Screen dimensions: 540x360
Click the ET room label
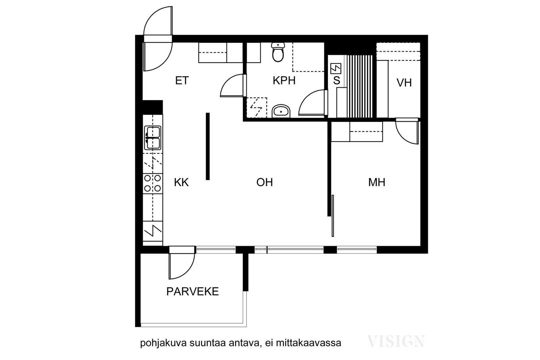pos(182,81)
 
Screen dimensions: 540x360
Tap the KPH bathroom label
pos(284,81)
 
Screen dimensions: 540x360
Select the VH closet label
pos(404,83)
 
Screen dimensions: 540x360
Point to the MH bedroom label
pos(377,183)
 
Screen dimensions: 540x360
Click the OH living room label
pos(265,183)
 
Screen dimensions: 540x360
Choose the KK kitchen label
pos(181,183)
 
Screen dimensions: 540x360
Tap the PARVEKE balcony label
pos(192,292)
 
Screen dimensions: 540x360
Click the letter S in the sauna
pos(336,81)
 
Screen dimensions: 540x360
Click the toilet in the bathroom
pos(278,52)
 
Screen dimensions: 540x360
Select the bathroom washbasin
pos(281,111)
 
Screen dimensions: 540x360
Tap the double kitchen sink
pos(153,138)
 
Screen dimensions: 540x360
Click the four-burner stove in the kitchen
pos(153,183)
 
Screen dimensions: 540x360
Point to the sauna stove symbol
pos(336,68)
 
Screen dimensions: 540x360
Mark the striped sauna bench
pos(359,86)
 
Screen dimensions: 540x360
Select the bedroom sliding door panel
pos(333,216)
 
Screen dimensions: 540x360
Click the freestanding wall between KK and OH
pos(208,146)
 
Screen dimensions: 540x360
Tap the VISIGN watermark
pos(396,341)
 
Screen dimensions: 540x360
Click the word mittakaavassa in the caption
pos(308,343)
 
